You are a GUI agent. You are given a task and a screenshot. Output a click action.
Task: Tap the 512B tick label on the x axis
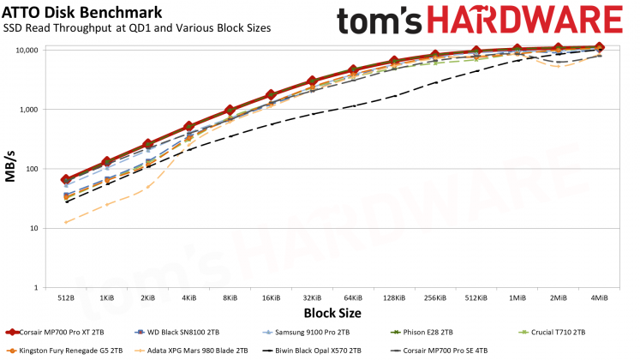pos(66,297)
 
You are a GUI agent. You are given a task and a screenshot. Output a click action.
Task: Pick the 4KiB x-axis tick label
pos(188,297)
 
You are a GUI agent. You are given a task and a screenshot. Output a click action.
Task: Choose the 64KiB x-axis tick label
pos(352,297)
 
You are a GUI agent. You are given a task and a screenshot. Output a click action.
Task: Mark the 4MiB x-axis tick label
pos(598,297)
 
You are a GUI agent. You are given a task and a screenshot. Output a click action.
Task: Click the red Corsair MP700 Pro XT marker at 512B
pos(66,180)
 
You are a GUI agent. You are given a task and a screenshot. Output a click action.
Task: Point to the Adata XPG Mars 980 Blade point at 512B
pos(66,222)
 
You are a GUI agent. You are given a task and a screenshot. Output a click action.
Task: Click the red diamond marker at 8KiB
pos(230,110)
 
